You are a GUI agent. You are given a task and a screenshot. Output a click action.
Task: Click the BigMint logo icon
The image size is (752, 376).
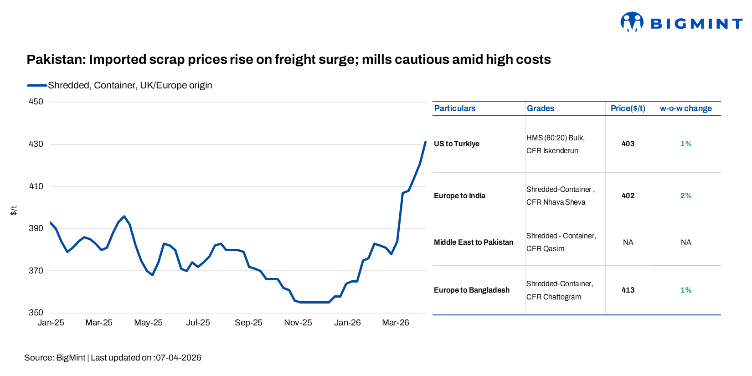(632, 22)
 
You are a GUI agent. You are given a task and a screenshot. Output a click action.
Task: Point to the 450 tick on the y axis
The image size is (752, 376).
(36, 102)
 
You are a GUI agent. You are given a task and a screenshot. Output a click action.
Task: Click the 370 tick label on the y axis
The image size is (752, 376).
(36, 271)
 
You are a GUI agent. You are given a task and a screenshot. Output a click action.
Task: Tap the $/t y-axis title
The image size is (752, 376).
(14, 210)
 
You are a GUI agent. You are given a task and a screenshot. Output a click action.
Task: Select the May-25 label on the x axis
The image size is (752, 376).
(148, 323)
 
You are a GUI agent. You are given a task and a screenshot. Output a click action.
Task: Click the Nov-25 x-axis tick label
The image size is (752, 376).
(298, 323)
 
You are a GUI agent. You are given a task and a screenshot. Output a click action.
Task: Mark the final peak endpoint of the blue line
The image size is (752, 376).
(425, 142)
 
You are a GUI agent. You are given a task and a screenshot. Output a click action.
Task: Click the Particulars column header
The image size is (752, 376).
(454, 108)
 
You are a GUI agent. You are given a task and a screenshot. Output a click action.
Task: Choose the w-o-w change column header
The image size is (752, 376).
(685, 108)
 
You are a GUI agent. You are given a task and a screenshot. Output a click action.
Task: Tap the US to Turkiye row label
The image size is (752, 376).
(456, 144)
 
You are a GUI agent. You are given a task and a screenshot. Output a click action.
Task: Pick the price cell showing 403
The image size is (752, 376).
(628, 144)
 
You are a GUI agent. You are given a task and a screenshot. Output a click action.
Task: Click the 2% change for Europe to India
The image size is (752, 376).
(685, 196)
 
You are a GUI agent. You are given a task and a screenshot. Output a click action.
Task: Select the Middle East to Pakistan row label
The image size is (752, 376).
(473, 242)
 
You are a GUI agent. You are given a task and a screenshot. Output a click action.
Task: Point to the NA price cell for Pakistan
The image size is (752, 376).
(628, 242)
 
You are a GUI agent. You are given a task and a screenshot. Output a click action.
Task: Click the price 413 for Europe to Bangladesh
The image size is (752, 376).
(628, 290)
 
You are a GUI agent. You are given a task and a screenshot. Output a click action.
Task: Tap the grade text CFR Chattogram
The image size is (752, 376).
(553, 297)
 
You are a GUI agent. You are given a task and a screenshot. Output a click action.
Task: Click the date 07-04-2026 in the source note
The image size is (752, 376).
(178, 358)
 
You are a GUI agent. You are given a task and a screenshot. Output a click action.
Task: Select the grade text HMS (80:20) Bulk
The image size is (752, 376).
(555, 138)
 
